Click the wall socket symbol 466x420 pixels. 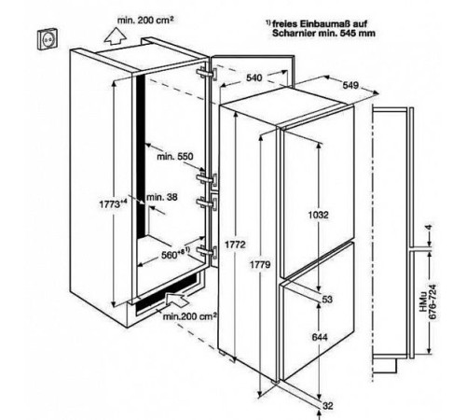tap(48, 38)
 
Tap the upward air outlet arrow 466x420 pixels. tap(116, 36)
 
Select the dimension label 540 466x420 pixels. tap(254, 77)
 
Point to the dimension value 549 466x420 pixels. tap(350, 85)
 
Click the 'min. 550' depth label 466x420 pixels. tap(175, 156)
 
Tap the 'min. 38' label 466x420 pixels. tap(162, 197)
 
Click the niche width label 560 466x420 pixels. tap(175, 254)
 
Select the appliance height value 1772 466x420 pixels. tap(235, 245)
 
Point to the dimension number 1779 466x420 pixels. tap(260, 265)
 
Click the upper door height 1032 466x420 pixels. tap(318, 215)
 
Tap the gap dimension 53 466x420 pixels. tap(327, 300)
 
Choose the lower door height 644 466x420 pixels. tap(320, 337)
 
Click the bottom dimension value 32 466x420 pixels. tap(328, 406)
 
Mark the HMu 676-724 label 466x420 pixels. tap(428, 301)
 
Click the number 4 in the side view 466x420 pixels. tap(430, 228)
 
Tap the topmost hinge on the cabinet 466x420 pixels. tap(207, 74)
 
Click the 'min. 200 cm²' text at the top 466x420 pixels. tap(145, 21)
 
